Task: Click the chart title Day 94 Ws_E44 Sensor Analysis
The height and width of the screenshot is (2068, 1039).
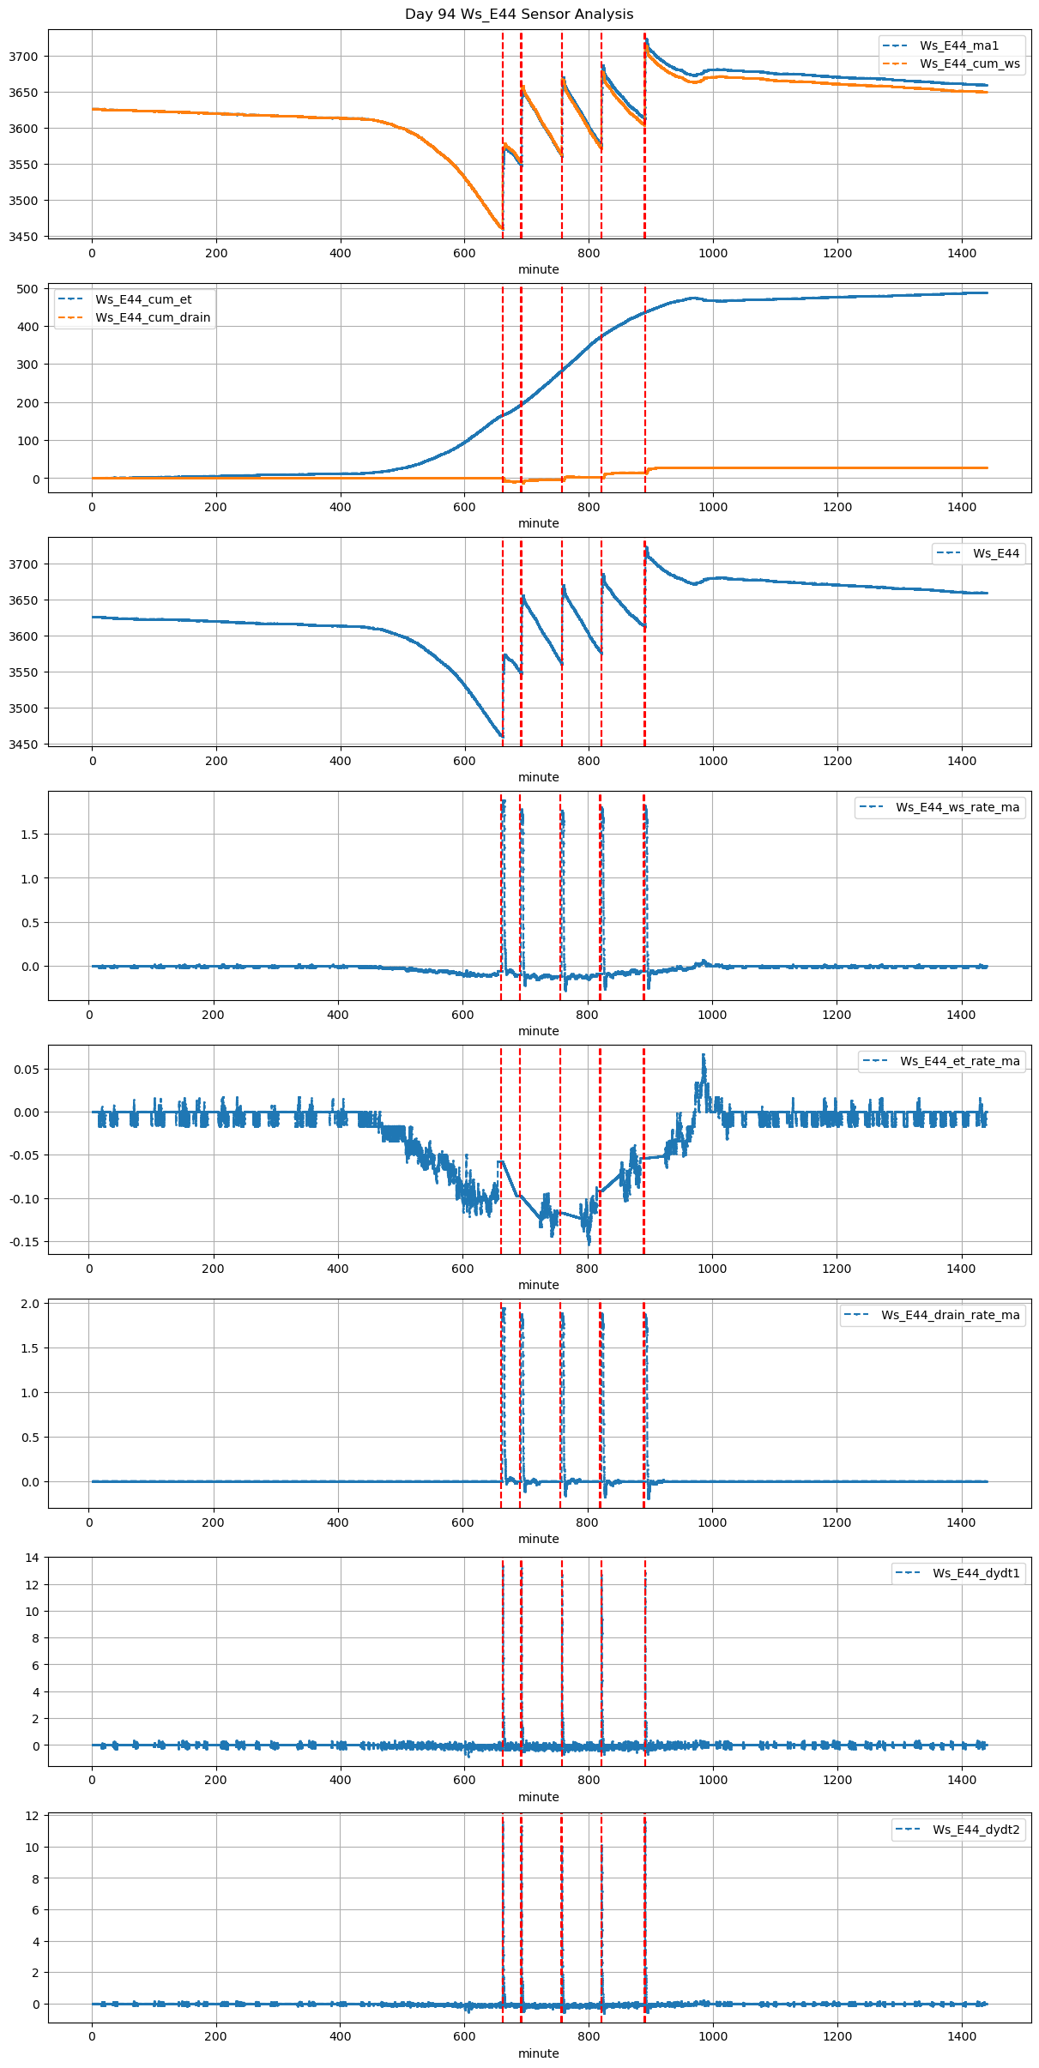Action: pos(519,15)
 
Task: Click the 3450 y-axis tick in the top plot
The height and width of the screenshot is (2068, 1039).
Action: pos(24,237)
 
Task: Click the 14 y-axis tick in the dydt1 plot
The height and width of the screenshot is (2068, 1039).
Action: pos(32,1558)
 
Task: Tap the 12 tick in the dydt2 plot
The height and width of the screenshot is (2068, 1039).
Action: pos(32,1816)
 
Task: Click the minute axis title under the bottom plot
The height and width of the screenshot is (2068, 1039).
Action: pos(538,2053)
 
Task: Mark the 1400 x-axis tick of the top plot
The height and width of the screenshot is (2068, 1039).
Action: pos(962,253)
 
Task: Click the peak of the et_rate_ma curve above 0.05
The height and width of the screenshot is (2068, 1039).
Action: pos(704,1055)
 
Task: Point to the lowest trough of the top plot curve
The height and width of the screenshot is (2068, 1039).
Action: pos(501,228)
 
